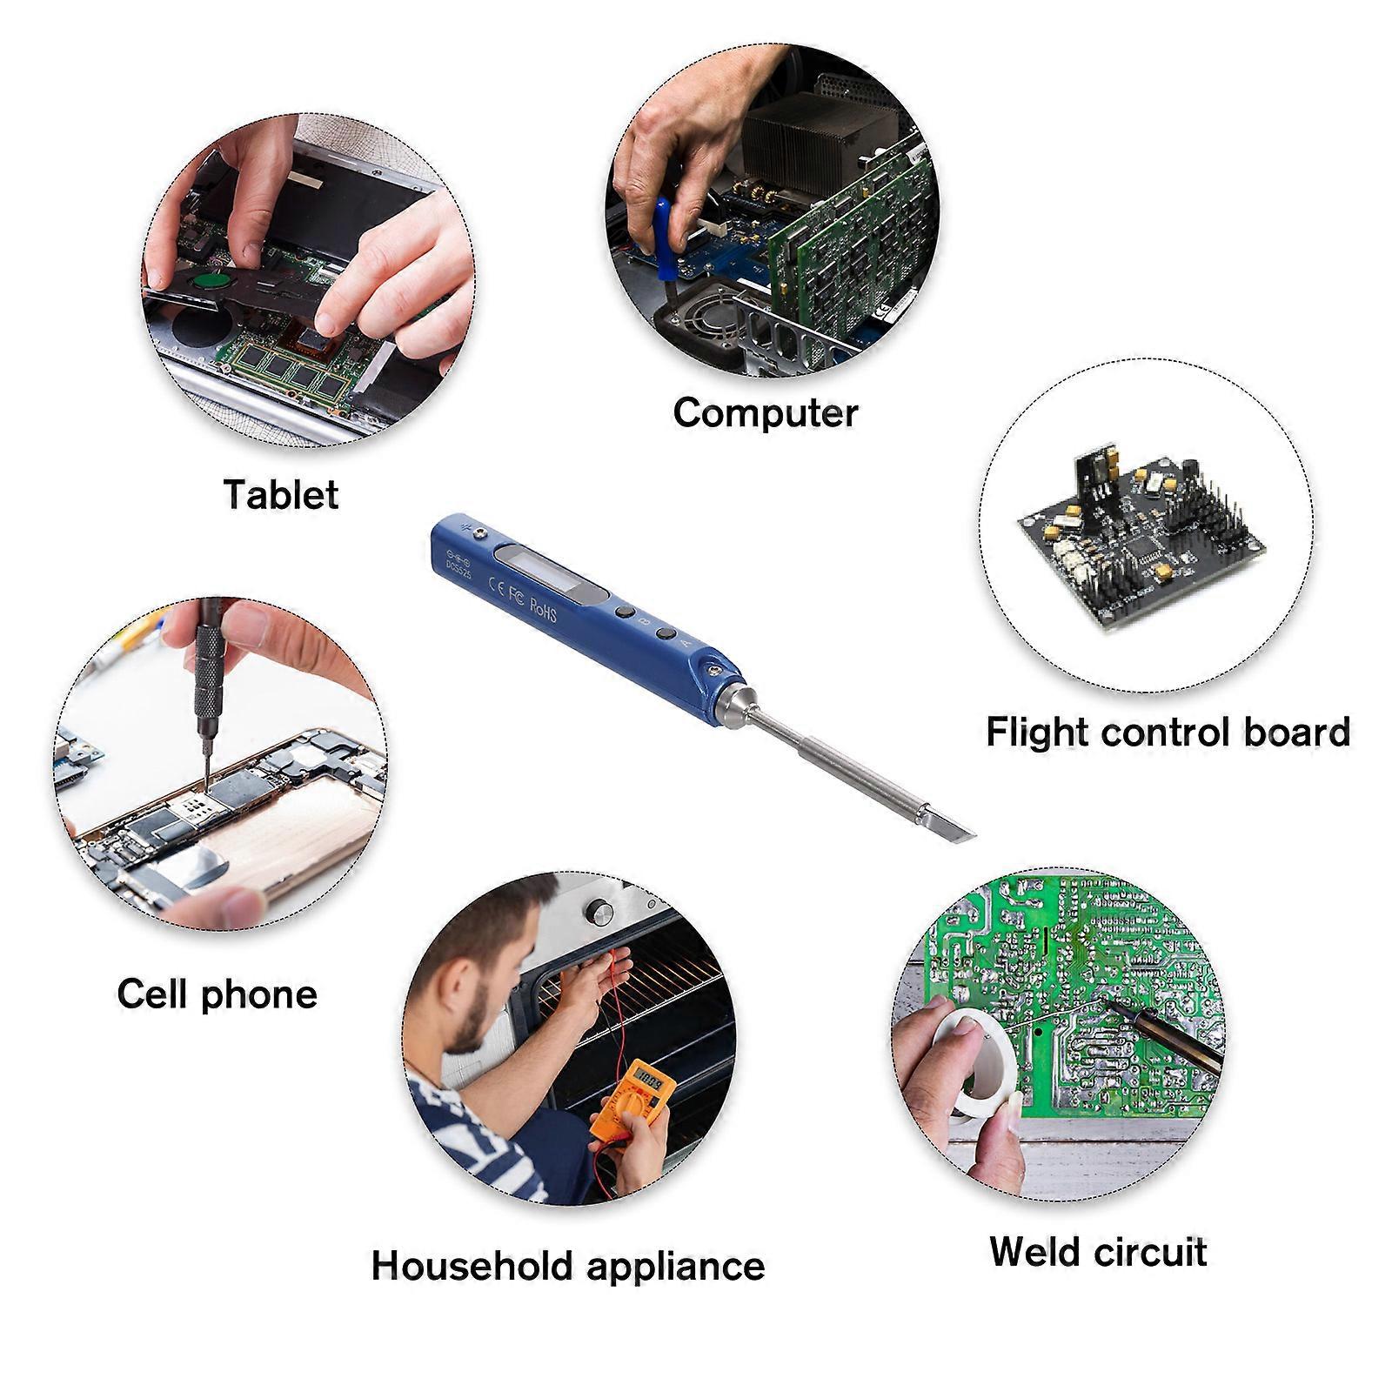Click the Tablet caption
coord(281,494)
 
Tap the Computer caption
coord(766,412)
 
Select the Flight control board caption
coord(1168,732)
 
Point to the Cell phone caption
coord(217,994)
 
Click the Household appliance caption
coord(568,1266)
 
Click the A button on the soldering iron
coord(666,635)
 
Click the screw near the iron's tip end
coord(713,671)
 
